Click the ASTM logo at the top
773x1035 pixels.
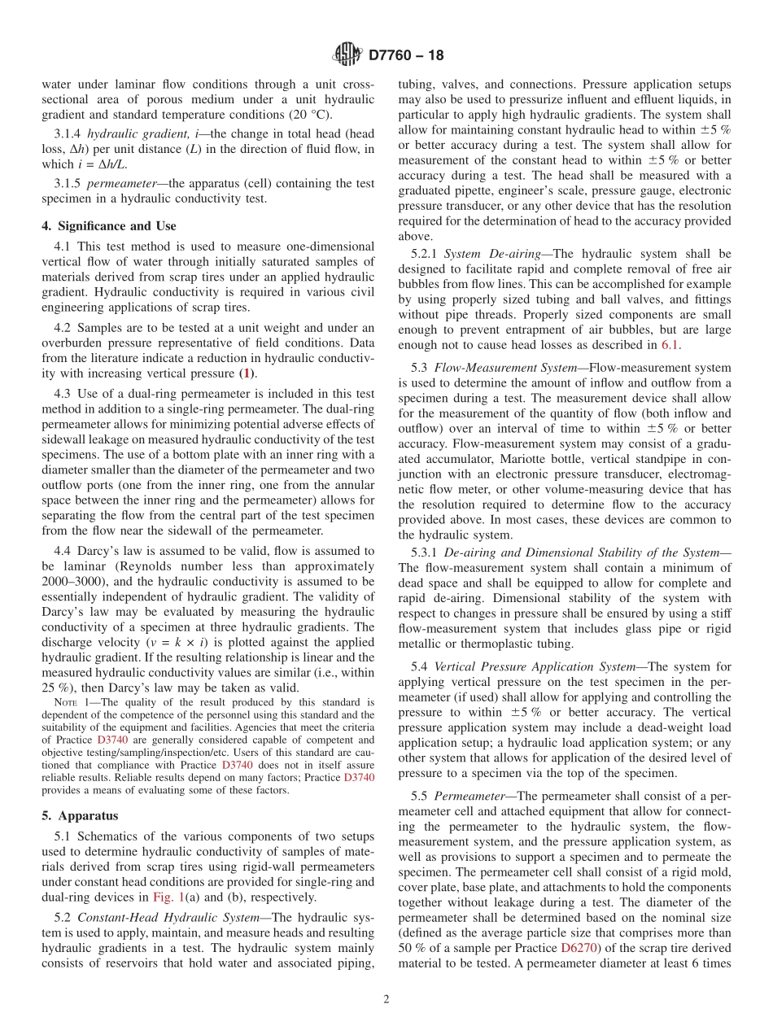coord(347,55)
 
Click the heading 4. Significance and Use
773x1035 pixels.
coord(109,226)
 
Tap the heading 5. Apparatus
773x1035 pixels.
coord(80,815)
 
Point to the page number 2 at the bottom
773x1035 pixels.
coord(386,999)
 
